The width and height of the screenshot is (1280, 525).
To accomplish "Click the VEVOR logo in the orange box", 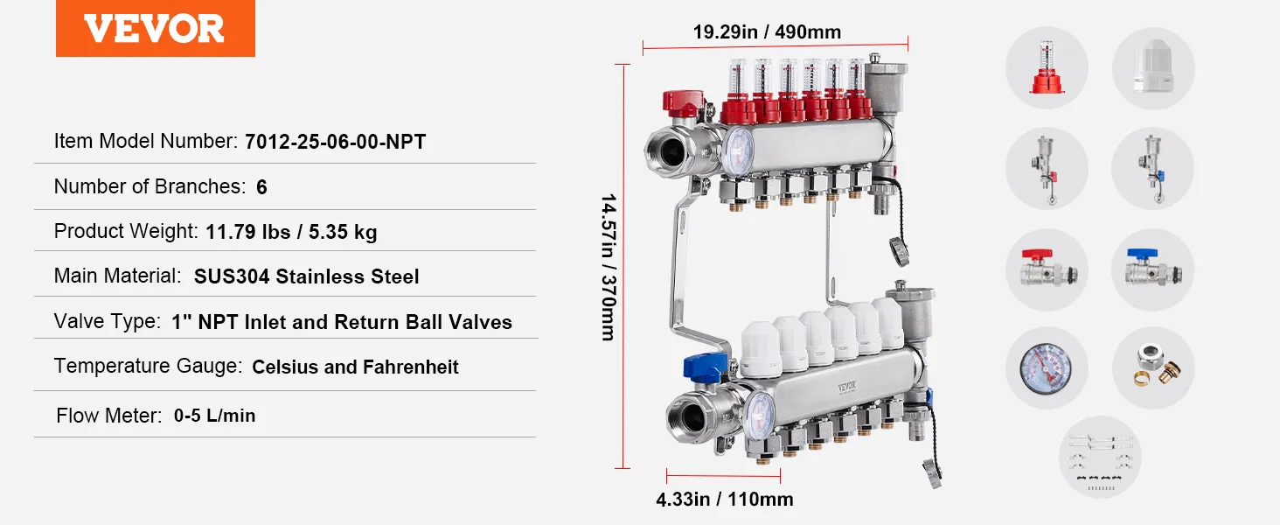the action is coord(154,29).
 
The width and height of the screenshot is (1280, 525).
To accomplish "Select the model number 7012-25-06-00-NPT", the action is coord(336,142).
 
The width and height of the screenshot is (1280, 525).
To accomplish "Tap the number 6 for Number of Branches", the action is coord(261,187).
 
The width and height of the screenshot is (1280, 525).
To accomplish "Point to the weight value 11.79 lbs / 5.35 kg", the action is coord(291,232).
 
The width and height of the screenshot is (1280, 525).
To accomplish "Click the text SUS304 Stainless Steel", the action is coord(306,276).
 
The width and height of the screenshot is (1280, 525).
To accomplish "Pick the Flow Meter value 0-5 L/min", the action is coord(214,416).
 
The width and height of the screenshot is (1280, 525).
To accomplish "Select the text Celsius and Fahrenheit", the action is coord(356,367).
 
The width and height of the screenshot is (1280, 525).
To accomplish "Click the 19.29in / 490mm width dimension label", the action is coord(767,32).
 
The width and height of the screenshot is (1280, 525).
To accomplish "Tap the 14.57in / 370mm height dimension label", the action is coord(609,267).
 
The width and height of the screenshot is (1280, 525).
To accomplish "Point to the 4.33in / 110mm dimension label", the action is coord(725,500).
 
